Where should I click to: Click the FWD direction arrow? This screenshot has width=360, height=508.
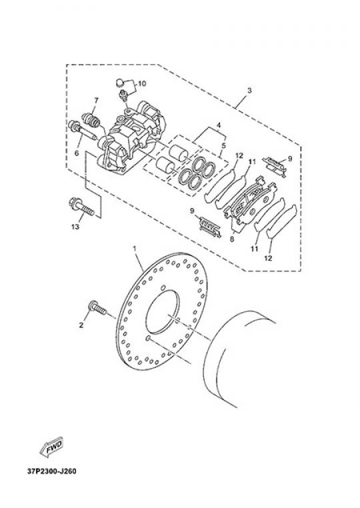51,448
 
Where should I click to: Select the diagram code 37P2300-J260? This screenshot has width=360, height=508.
52,471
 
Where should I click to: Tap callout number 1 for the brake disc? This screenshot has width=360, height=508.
135,248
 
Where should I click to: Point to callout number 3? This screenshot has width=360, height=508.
249,91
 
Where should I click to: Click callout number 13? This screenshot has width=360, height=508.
75,227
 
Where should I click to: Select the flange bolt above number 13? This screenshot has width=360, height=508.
81,207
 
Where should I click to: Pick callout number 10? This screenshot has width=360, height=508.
142,83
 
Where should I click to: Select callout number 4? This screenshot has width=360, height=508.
219,125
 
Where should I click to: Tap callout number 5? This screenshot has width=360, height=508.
223,145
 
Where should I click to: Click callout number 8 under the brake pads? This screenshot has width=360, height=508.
232,240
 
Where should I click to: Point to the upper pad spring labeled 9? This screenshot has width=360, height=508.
275,166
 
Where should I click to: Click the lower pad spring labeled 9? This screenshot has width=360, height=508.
210,226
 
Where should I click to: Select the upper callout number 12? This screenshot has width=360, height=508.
239,156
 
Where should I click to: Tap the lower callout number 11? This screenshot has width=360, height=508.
255,249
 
